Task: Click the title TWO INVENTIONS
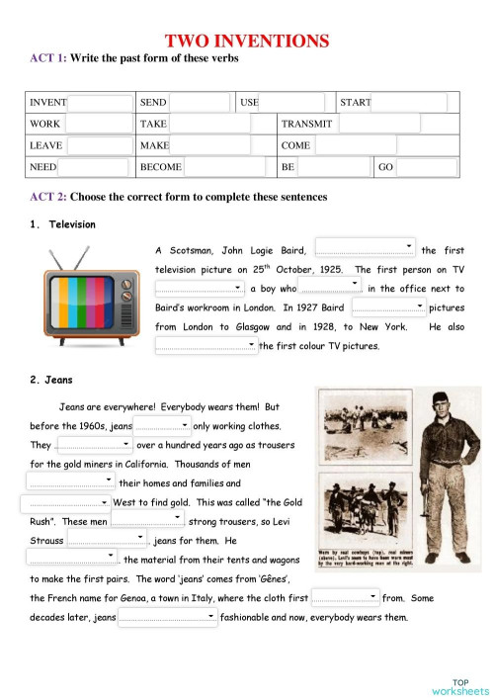coord(246,41)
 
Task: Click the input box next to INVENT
coord(100,103)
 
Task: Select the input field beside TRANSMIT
coord(378,124)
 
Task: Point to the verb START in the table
coord(355,103)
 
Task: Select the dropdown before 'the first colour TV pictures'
coord(206,345)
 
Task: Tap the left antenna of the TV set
coord(62,259)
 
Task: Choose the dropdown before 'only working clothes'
coord(162,425)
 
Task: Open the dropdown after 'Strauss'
coord(107,541)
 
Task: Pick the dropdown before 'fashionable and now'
coord(167,618)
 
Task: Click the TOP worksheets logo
coord(459,686)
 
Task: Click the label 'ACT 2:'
coord(47,198)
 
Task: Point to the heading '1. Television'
coord(63,224)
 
